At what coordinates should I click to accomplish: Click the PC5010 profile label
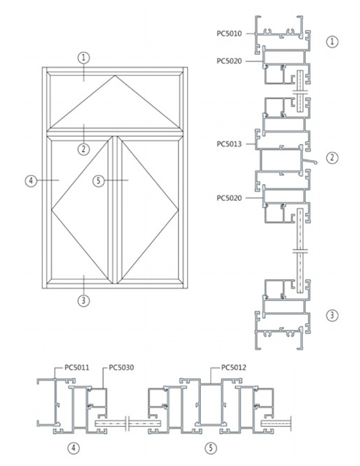pyautogui.click(x=229, y=34)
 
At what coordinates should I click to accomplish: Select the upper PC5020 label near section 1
pyautogui.click(x=229, y=61)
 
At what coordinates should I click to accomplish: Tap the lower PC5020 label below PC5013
pyautogui.click(x=229, y=198)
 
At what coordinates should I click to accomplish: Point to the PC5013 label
pyautogui.click(x=229, y=144)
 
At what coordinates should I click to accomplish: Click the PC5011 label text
pyautogui.click(x=77, y=368)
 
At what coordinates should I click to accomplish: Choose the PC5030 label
pyautogui.click(x=121, y=368)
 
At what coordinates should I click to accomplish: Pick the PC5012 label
pyautogui.click(x=234, y=368)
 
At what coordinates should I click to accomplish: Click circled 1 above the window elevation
pyautogui.click(x=83, y=57)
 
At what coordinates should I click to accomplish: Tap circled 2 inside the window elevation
pyautogui.click(x=83, y=149)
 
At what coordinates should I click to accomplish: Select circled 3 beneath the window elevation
pyautogui.click(x=83, y=301)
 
